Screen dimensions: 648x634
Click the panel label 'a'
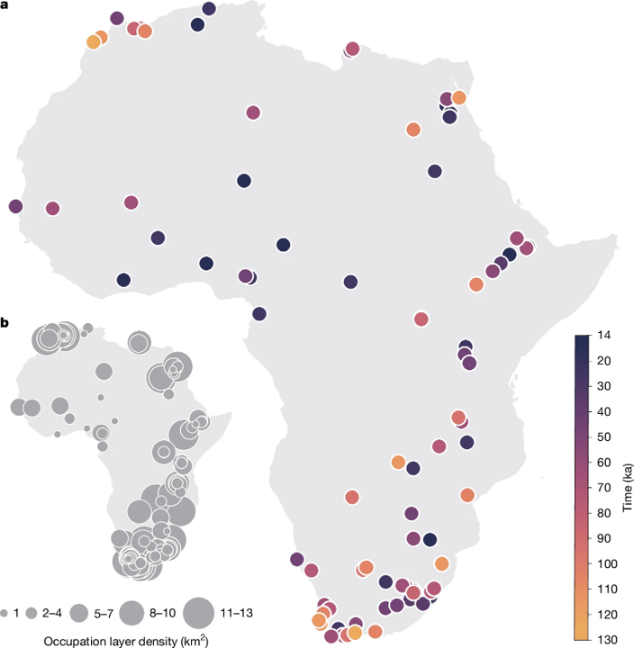point(6,6)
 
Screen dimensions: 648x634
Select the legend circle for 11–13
point(198,614)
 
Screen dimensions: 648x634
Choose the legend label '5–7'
point(104,614)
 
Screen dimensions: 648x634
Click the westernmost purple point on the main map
point(14,206)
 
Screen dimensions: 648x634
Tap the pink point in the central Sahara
point(252,112)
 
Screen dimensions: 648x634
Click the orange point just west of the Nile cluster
point(412,130)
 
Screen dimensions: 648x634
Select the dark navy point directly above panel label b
point(123,280)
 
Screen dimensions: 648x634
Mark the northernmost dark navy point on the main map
point(209,9)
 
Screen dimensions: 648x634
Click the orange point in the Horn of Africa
point(476,284)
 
